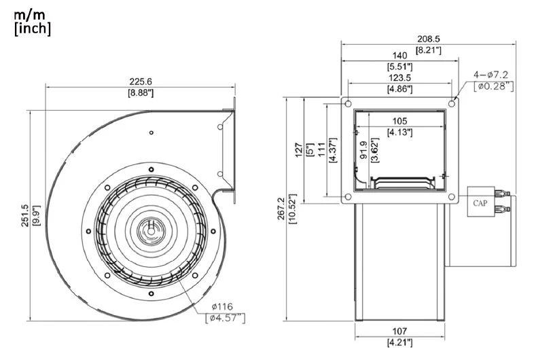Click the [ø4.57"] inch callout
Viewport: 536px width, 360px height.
[225, 317]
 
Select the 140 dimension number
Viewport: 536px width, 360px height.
[400, 55]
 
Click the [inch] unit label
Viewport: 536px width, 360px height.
[32, 29]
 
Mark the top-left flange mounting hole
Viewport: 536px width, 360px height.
[348, 105]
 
